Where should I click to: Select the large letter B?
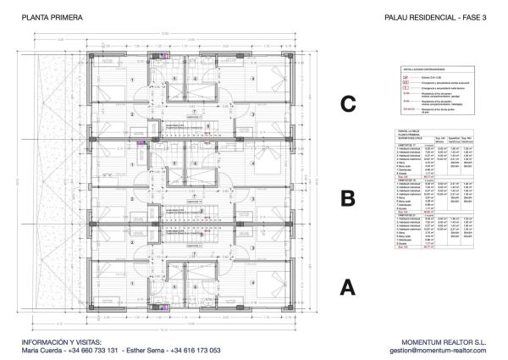[x=347, y=199]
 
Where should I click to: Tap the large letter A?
[x=347, y=287]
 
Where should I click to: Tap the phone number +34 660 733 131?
[x=95, y=350]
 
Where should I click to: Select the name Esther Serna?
[x=145, y=350]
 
